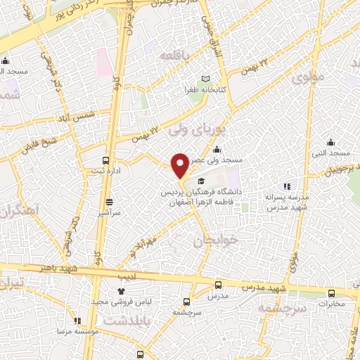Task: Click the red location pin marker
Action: pos(181,165)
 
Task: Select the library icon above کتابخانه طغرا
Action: pos(205,79)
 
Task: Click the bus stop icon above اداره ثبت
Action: pos(106,160)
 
